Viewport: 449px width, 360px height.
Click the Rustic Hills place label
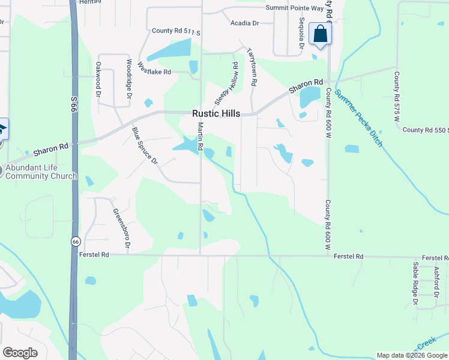pyautogui.click(x=216, y=113)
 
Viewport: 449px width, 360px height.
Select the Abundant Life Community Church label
pyautogui.click(x=41, y=172)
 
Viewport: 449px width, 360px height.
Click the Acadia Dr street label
pyautogui.click(x=244, y=23)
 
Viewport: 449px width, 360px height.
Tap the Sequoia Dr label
pyautogui.click(x=301, y=34)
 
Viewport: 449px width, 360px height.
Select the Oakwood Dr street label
pyautogui.click(x=98, y=79)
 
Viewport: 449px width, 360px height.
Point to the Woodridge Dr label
pyautogui.click(x=129, y=79)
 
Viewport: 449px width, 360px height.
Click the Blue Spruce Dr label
pyautogui.click(x=145, y=145)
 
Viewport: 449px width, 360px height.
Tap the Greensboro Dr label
pyautogui.click(x=121, y=229)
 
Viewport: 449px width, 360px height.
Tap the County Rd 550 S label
pyautogui.click(x=426, y=130)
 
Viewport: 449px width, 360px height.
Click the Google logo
pyautogui.click(x=20, y=353)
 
